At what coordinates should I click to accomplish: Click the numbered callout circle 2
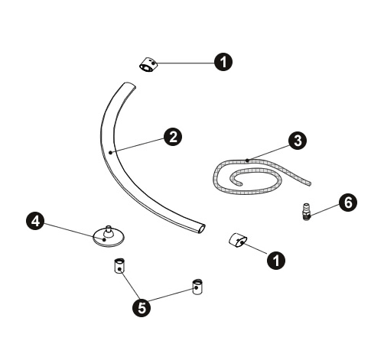tap(173, 137)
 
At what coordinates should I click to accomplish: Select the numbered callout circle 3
tap(298, 141)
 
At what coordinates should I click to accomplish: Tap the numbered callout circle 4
tap(35, 221)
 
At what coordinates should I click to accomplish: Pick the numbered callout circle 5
tap(142, 308)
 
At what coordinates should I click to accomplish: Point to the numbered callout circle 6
tap(348, 203)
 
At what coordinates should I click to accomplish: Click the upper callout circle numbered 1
tap(223, 62)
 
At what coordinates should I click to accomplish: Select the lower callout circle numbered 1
tap(276, 260)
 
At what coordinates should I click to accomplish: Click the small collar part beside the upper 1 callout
tap(148, 65)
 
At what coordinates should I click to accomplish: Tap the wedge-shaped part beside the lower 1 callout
tap(238, 240)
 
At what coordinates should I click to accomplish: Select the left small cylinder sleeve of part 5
tap(119, 265)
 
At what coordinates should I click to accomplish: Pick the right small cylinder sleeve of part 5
tap(197, 287)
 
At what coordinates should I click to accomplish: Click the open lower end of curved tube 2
tap(201, 229)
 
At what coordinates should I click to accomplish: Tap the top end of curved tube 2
tap(129, 85)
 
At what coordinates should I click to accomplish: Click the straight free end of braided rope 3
tap(310, 183)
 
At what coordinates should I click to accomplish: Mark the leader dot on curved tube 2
tap(110, 153)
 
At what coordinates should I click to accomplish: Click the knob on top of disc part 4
tap(109, 231)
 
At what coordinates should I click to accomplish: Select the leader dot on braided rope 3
tap(247, 161)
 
